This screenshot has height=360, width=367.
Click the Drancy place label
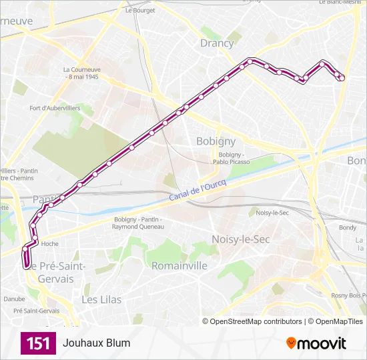pyautogui.click(x=217, y=43)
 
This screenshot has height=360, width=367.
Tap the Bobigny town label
pyautogui.click(x=216, y=141)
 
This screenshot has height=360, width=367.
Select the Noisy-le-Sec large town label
pyautogui.click(x=240, y=239)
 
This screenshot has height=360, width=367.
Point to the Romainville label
pyautogui.click(x=179, y=265)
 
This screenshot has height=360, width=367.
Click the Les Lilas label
pyautogui.click(x=101, y=300)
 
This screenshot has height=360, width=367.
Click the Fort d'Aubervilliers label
pyautogui.click(x=55, y=108)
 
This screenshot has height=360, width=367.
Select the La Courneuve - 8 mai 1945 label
pyautogui.click(x=81, y=73)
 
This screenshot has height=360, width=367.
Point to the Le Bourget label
pyautogui.click(x=140, y=11)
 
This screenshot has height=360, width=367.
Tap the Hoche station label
pyautogui.click(x=50, y=244)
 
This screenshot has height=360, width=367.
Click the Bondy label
pyautogui.click(x=348, y=227)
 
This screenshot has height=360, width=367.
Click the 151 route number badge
pyautogui.click(x=38, y=343)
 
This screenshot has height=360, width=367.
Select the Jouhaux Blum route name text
pyautogui.click(x=97, y=343)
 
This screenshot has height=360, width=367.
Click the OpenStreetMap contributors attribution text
pyautogui.click(x=256, y=321)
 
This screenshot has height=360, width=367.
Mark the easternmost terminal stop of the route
pyautogui.click(x=341, y=77)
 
